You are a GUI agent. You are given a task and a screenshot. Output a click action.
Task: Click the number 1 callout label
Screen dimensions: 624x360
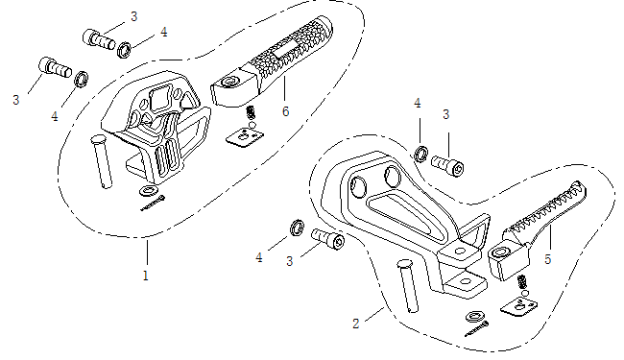[x=146, y=276]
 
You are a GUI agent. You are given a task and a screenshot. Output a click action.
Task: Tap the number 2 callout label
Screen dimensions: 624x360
[x=356, y=324]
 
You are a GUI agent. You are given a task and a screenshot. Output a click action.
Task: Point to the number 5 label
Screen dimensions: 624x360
[x=548, y=259]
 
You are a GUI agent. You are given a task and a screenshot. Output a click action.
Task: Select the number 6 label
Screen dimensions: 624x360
[x=286, y=111]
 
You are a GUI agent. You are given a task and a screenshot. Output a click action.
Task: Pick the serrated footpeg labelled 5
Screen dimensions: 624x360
[x=538, y=230]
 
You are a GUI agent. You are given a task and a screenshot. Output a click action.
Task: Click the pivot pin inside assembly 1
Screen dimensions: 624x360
[x=102, y=162]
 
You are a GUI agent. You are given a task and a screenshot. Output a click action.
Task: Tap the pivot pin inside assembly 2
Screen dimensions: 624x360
[x=408, y=286]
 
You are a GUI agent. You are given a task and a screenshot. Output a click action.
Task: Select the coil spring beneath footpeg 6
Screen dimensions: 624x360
[x=251, y=112]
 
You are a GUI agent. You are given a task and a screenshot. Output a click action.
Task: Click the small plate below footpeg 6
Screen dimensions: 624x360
[x=245, y=136]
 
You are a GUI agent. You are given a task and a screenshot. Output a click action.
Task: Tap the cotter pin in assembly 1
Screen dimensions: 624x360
[x=153, y=203]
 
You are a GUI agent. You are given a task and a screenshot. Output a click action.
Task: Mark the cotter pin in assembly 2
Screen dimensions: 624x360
[x=477, y=329]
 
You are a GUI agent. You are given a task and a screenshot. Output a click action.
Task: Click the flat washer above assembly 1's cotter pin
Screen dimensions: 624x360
[x=149, y=190]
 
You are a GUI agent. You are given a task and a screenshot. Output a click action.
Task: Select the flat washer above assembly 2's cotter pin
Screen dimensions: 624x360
[x=475, y=317]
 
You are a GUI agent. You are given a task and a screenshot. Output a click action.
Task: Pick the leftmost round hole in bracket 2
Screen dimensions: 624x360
[x=358, y=186]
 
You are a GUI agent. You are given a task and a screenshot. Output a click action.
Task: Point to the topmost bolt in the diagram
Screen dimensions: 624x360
[x=99, y=39]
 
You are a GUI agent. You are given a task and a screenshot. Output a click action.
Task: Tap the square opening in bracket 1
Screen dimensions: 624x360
[x=160, y=98]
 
